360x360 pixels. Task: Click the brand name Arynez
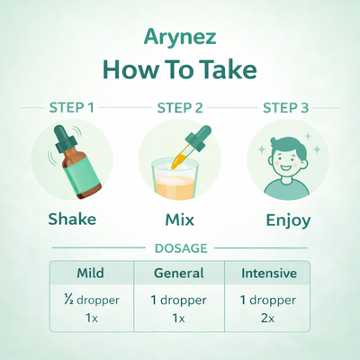point(179,38)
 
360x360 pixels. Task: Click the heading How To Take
point(179,70)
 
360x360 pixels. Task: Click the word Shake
point(72,219)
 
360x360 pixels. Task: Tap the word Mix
point(180,219)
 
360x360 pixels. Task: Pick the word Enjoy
point(287,219)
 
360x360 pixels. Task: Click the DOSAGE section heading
point(180,247)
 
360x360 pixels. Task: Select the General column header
point(180,272)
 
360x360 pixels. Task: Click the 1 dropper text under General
point(180,301)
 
